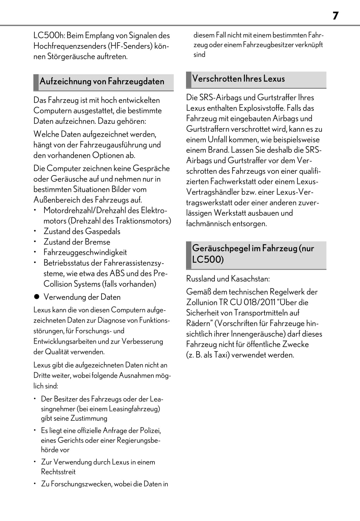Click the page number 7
(x=335, y=15)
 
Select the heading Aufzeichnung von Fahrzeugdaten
(x=102, y=82)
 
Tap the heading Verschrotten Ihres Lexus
(x=238, y=79)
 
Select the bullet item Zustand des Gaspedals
(x=82, y=232)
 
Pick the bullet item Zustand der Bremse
(x=77, y=242)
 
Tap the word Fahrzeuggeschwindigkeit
(x=85, y=252)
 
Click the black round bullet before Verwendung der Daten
(x=37, y=297)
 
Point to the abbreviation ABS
(x=117, y=273)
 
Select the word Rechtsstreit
(x=58, y=472)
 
